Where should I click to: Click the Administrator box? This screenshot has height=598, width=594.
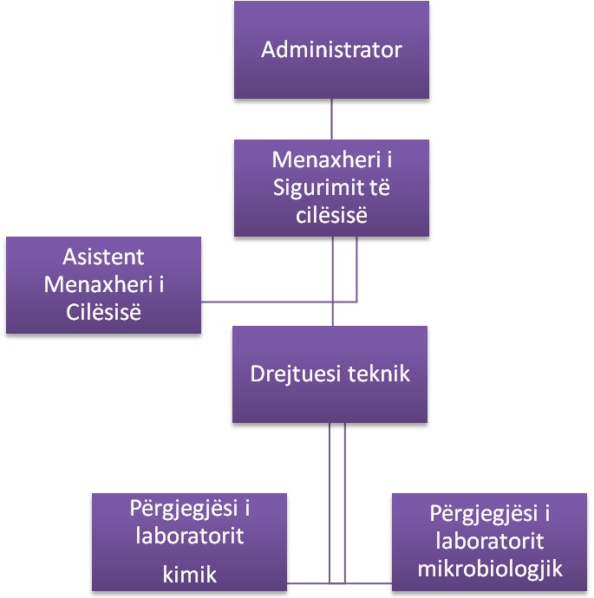coord(331,49)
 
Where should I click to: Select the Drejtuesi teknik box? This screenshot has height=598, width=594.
coord(330,374)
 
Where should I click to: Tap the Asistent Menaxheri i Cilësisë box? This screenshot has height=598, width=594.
coord(104,285)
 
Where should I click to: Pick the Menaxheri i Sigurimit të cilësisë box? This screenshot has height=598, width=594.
coord(331,188)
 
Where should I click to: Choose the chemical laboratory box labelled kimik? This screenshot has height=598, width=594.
coord(190,542)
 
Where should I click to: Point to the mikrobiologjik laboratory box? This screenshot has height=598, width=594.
coord(491,542)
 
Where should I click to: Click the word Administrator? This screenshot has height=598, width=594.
coord(331,49)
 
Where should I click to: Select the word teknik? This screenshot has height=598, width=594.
coord(378,375)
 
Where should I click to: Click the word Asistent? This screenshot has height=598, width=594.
coord(103,257)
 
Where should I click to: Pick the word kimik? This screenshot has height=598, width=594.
coord(190,573)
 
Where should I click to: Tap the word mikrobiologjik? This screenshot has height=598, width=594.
coord(491,569)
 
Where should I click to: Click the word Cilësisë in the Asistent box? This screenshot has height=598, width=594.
coord(103,311)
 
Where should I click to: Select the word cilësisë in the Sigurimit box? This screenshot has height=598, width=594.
coord(330,215)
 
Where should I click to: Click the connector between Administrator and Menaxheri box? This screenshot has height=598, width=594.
coord(331,120)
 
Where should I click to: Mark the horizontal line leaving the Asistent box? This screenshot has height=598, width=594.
coord(277,302)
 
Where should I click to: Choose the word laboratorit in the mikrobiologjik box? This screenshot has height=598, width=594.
coord(491,542)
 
